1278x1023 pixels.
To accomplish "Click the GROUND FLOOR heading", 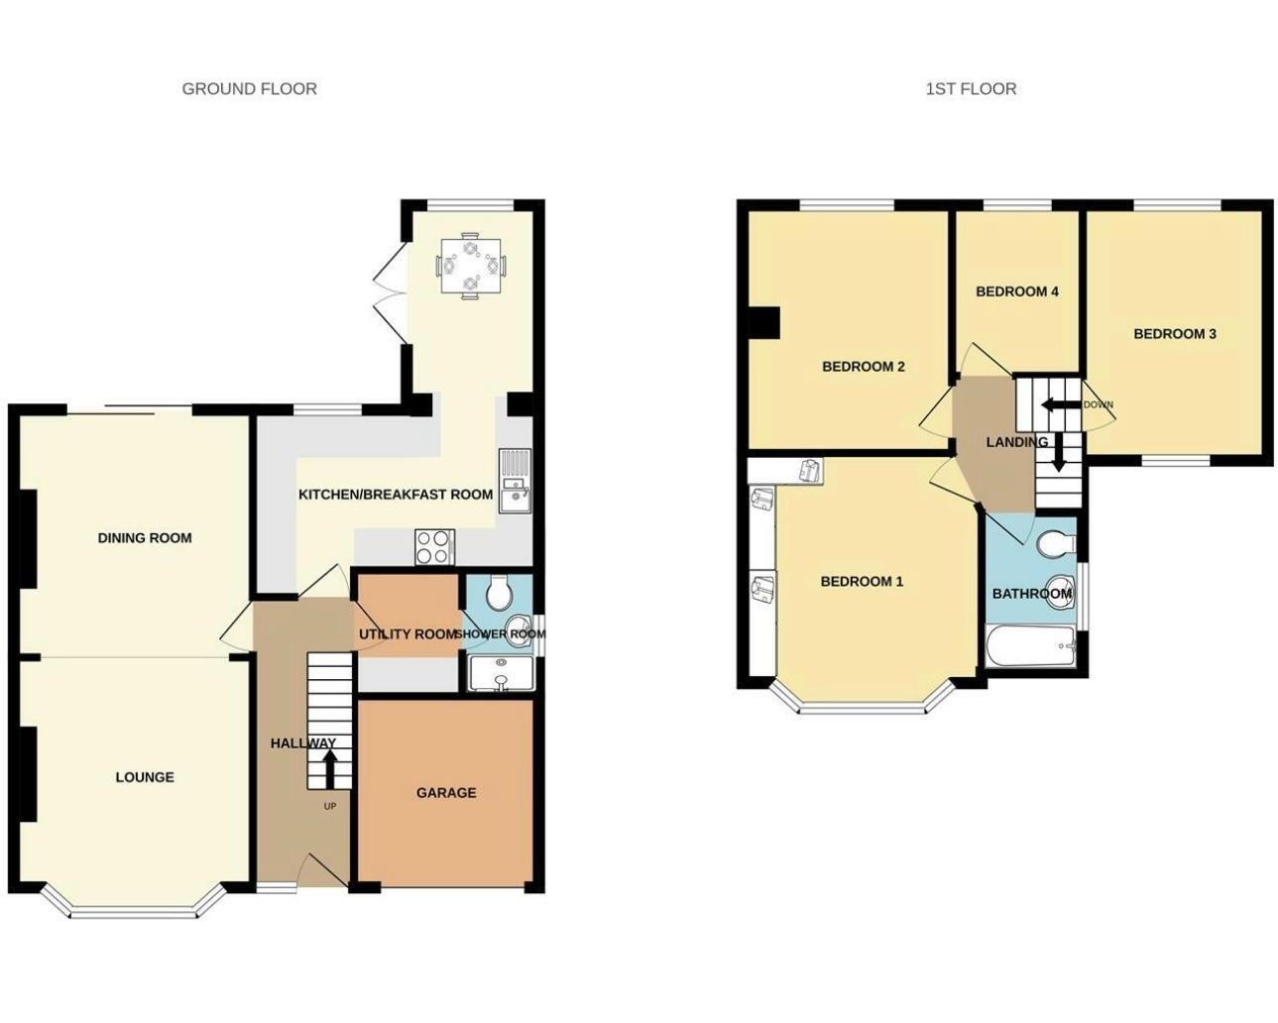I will click(x=249, y=88).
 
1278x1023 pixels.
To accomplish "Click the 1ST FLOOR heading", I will click(x=970, y=88).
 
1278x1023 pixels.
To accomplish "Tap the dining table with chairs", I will click(x=471, y=266).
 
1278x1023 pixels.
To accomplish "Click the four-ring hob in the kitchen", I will click(x=433, y=546).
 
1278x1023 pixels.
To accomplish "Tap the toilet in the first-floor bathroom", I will click(x=1057, y=543).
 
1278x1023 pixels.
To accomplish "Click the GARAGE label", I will click(x=445, y=792).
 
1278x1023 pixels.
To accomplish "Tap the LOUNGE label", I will click(x=145, y=777).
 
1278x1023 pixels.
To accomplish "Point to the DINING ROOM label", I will click(x=145, y=537).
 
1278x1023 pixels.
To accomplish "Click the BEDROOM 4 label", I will click(x=1017, y=291).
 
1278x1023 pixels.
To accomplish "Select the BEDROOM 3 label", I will click(x=1174, y=333).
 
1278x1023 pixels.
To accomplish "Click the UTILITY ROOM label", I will click(x=407, y=633).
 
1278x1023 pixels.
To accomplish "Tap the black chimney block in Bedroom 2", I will click(x=763, y=323).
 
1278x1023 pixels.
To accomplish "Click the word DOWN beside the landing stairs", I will click(x=1098, y=404).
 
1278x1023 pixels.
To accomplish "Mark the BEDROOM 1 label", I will click(x=862, y=581).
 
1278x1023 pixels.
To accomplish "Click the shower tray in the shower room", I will click(x=500, y=674).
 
